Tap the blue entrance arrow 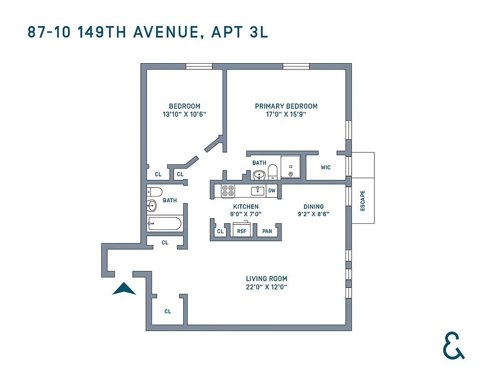124,289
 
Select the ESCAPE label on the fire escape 363,201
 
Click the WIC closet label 325,168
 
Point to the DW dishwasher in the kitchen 272,190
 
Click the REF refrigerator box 242,231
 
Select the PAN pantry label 267,231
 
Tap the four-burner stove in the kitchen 228,190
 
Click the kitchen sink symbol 257,190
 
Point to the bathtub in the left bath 164,224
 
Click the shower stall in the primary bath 290,168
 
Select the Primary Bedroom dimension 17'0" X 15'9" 286,114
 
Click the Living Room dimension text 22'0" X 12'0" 266,287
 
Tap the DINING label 314,207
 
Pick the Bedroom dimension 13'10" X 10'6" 184,114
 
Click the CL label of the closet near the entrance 168,312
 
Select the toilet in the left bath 154,192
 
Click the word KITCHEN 246,207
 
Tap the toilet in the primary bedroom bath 273,172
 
